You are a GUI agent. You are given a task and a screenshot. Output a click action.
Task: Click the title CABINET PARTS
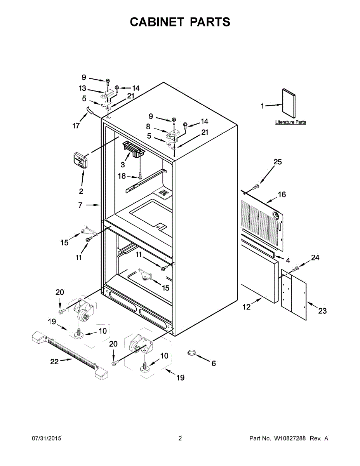(180, 23)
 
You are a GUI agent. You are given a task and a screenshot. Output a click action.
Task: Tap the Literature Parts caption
(290, 122)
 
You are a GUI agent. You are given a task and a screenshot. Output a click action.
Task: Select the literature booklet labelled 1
(289, 103)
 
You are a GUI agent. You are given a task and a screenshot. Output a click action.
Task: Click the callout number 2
(81, 191)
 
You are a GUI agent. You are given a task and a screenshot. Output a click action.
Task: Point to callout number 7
(80, 205)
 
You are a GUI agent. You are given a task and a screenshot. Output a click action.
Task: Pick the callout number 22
(54, 362)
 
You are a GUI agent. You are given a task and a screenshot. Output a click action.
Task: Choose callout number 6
(214, 363)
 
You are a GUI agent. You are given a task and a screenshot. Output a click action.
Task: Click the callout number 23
(322, 311)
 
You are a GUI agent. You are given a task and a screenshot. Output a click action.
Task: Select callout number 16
(282, 194)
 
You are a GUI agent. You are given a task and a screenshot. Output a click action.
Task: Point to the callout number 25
(278, 162)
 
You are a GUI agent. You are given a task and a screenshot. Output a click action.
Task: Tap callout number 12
(247, 307)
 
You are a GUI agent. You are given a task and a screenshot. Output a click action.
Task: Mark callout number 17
(76, 126)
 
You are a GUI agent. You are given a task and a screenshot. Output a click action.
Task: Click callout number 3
(122, 164)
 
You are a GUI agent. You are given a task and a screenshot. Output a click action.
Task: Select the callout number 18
(122, 176)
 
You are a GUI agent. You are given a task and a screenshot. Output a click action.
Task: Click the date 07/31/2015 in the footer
(46, 438)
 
